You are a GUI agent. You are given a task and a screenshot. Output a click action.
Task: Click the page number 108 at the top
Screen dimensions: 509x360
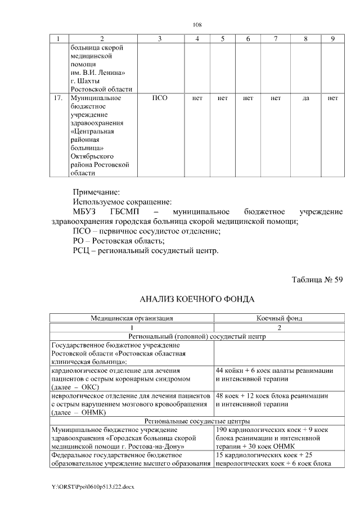197,25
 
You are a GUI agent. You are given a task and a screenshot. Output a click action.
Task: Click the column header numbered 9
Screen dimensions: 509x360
333,39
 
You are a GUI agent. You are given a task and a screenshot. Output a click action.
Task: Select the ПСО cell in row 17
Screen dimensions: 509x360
160,98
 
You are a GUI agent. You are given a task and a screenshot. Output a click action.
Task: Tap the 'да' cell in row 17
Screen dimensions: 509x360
306,98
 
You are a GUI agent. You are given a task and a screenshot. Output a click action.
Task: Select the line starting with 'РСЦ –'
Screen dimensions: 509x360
146,250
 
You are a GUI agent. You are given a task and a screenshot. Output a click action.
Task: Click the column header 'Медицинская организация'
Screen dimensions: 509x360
132,318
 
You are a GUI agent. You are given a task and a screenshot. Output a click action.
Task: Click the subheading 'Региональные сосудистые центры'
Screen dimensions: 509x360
197,420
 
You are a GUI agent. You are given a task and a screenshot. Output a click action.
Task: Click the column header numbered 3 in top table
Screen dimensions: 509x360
160,39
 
